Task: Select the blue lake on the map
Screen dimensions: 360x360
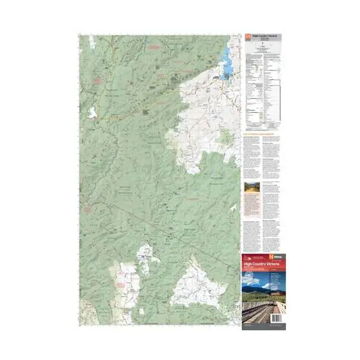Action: (227, 61)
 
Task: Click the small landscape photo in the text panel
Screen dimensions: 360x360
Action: (251, 186)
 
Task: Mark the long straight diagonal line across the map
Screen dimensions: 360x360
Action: (155, 219)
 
